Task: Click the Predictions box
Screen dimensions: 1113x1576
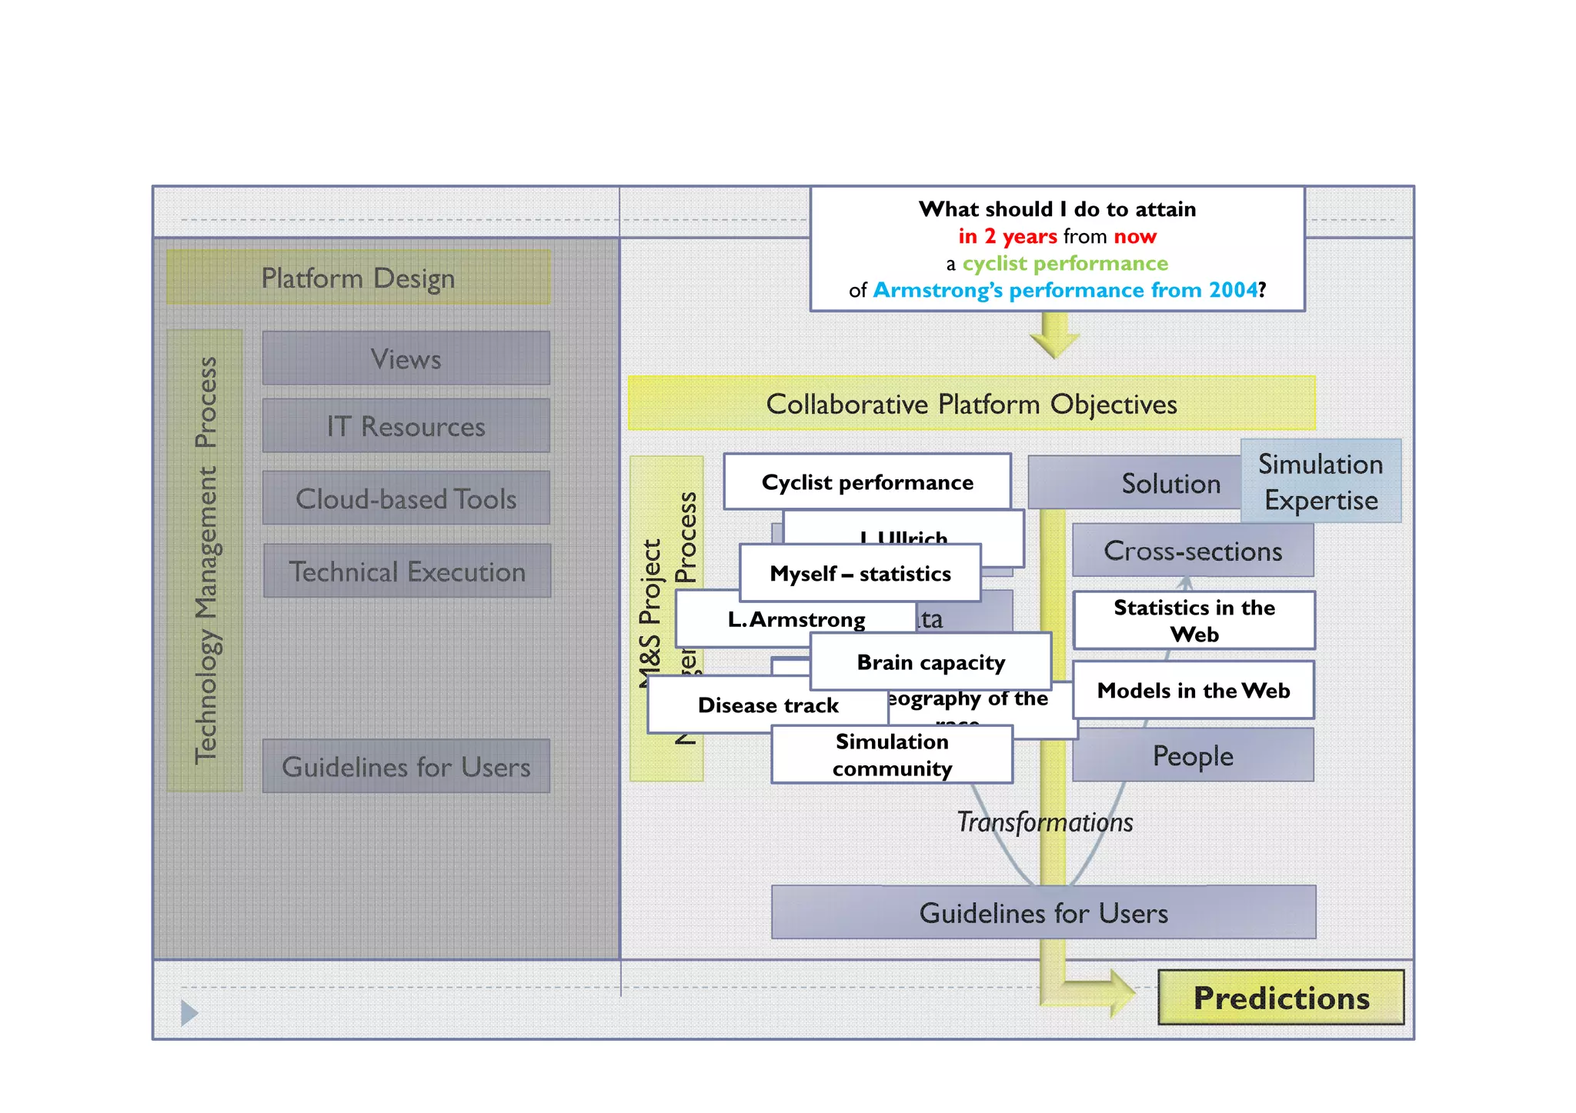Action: pyautogui.click(x=1280, y=998)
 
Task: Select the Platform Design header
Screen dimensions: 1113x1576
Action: pyautogui.click(x=359, y=278)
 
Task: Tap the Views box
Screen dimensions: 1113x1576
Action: pyautogui.click(x=406, y=358)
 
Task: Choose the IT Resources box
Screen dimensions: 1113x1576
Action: pyautogui.click(x=406, y=426)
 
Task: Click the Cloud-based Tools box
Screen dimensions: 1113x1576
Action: pyautogui.click(x=406, y=498)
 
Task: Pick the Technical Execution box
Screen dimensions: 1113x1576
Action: pyautogui.click(x=406, y=571)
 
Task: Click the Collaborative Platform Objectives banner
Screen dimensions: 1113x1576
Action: pyautogui.click(x=971, y=404)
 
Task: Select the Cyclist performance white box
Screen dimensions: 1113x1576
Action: pyautogui.click(x=867, y=482)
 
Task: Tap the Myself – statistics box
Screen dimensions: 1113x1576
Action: pyautogui.click(x=860, y=574)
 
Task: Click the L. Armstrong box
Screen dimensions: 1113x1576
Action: pyautogui.click(x=796, y=619)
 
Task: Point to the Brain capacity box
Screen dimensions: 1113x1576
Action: pyautogui.click(x=930, y=662)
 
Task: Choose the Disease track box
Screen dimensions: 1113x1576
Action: pyautogui.click(x=767, y=705)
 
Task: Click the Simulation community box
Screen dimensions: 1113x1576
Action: pyautogui.click(x=892, y=755)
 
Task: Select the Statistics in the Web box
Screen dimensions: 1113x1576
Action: pyautogui.click(x=1194, y=621)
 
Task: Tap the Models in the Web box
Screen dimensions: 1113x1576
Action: pyautogui.click(x=1193, y=691)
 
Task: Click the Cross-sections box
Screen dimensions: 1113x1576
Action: pyautogui.click(x=1193, y=551)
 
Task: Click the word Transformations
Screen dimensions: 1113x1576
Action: pyautogui.click(x=1044, y=822)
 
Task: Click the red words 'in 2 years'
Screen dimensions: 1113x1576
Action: pyautogui.click(x=1007, y=236)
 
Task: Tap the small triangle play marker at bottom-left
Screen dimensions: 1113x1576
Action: pyautogui.click(x=189, y=1013)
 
